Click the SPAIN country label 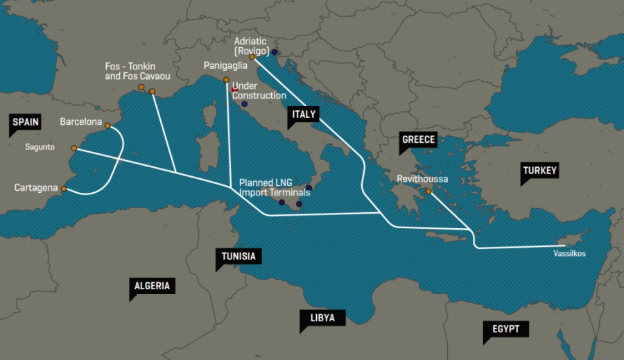pos(26,122)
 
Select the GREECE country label pos(418,140)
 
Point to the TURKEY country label pos(539,171)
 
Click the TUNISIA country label pos(239,257)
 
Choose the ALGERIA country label pos(152,286)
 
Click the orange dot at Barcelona pos(107,125)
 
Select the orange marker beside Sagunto pos(74,148)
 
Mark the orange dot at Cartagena pos(64,188)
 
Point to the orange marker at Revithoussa pos(428,191)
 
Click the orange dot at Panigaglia pos(226,80)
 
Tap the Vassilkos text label pos(569,254)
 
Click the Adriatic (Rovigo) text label pos(252,45)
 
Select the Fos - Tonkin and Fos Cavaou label pos(137,71)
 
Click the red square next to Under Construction pos(235,90)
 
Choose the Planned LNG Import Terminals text pos(275,187)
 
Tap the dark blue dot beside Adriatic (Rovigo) pos(275,52)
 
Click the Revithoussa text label pos(422,179)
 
